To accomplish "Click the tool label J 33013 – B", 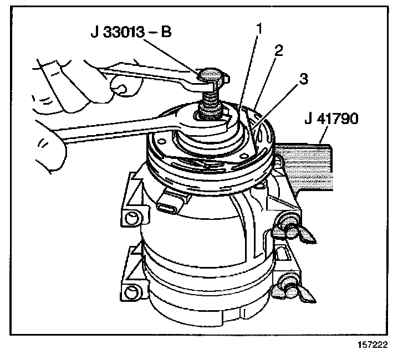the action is click(132, 32).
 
